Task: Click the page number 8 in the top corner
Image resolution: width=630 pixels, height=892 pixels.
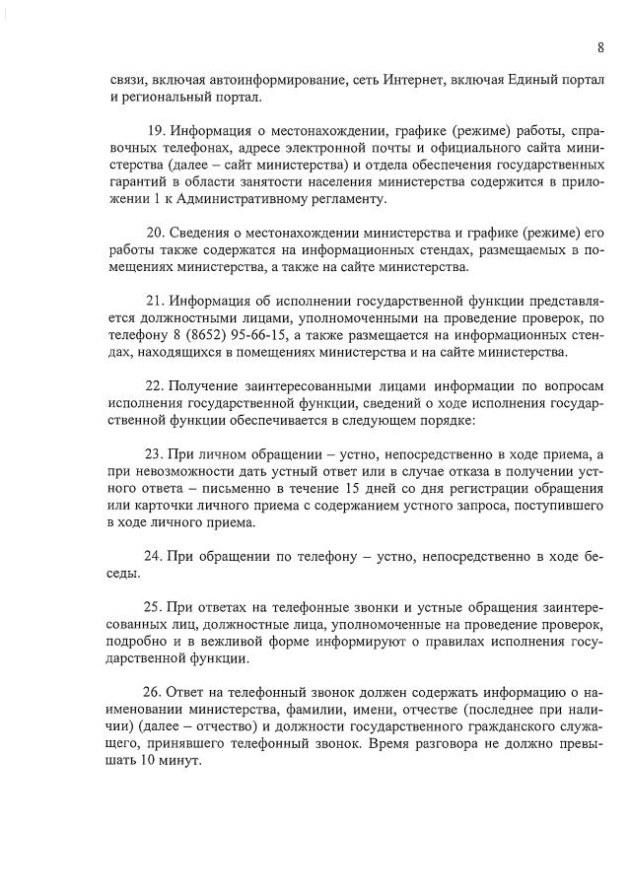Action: click(599, 47)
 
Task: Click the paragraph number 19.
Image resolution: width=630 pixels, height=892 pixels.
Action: click(156, 131)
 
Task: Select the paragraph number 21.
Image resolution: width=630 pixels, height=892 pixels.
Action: click(154, 300)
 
